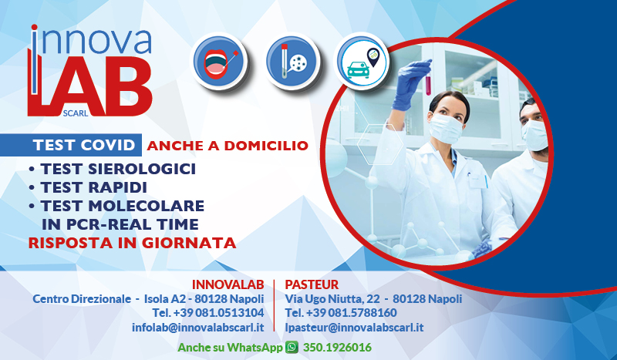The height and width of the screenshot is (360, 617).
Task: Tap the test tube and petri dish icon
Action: [x=292, y=60]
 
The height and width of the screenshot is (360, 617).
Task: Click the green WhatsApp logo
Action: [x=292, y=348]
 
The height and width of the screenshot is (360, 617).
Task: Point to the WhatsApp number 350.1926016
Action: [x=336, y=348]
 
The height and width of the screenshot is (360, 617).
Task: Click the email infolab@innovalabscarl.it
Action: [x=197, y=327]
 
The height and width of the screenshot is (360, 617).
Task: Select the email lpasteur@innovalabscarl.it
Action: [x=354, y=327]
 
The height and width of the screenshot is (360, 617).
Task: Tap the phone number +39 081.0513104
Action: [x=208, y=312]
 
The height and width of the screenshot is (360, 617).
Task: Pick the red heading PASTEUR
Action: [x=312, y=284]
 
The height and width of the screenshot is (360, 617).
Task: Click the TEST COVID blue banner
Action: [x=86, y=145]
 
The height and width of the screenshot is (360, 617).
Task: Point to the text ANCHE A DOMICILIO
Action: [x=227, y=145]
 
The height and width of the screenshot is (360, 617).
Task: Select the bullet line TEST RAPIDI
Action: [x=93, y=187]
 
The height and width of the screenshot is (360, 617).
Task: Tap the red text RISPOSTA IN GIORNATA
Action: [x=131, y=243]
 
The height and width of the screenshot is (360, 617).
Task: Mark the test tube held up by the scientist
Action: [x=428, y=79]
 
